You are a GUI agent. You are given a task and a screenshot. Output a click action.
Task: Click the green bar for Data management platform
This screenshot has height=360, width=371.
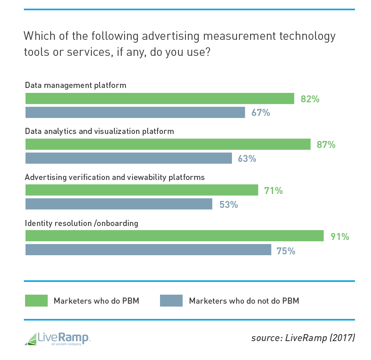coord(160,99)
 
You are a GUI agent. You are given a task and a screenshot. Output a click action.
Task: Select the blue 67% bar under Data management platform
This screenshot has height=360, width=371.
coord(135,112)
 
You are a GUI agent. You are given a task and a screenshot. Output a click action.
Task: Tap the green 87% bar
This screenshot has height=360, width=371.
coord(168,144)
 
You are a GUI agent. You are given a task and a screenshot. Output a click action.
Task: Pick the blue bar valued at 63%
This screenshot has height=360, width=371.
coord(129,158)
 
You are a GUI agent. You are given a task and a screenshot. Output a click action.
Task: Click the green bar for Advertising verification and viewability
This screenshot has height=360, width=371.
coord(141,190)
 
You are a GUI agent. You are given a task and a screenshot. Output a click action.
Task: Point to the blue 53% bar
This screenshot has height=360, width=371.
coord(119,204)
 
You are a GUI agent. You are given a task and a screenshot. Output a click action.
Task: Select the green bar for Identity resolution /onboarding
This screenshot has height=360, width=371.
coord(174,236)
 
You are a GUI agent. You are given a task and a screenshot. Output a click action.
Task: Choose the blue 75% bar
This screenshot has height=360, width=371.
coord(148,250)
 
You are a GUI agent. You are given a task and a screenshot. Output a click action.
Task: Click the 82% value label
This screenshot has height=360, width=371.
coord(310,99)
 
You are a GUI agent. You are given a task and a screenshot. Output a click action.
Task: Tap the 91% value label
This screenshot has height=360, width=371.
coord(340,236)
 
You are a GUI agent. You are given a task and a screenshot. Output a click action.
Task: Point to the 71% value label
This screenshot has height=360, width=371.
coord(274,191)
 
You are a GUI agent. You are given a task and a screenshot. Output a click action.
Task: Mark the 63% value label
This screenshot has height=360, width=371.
coord(247,159)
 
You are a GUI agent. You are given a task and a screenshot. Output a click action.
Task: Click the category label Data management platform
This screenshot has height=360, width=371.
coord(75,85)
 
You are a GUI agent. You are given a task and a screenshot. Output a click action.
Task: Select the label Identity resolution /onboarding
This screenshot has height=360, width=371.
coord(81,224)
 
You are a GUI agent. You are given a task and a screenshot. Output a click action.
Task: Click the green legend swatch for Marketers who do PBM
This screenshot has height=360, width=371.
coord(36,300)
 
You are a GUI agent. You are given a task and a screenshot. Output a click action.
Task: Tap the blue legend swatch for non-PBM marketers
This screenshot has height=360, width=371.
coord(171,300)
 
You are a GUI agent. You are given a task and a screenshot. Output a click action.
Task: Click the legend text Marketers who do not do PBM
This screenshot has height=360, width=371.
coord(244,301)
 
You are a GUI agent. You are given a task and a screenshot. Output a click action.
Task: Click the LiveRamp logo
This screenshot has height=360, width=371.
coord(57,338)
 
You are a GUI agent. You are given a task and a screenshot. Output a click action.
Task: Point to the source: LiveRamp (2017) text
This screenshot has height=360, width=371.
coord(303,338)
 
